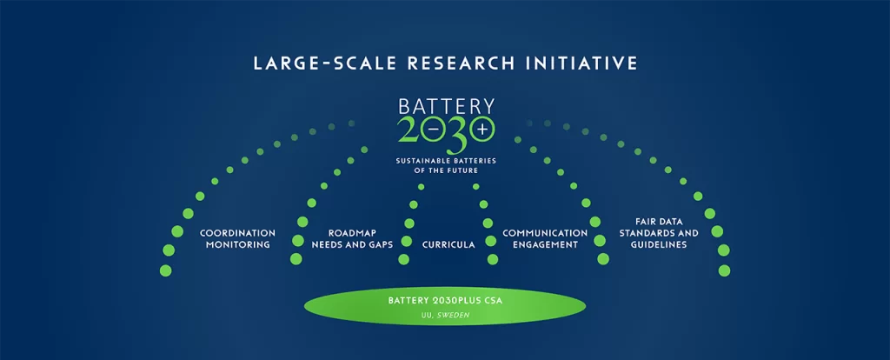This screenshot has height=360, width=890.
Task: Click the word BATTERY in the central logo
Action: tap(446, 107)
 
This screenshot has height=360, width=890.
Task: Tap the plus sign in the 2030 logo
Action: tap(482, 129)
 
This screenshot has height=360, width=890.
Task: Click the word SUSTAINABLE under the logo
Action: tap(424, 161)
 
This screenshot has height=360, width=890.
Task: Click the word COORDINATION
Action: tap(237, 233)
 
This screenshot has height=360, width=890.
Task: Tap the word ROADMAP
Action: tap(353, 233)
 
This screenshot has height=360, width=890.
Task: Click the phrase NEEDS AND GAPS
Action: tap(353, 244)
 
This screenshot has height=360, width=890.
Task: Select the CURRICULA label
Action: tap(448, 244)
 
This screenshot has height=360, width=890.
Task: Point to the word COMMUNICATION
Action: tap(545, 233)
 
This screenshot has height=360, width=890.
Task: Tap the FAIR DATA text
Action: tap(659, 221)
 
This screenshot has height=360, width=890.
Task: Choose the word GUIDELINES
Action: tap(659, 244)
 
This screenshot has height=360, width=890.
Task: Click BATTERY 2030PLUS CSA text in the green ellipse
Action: tap(445, 300)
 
